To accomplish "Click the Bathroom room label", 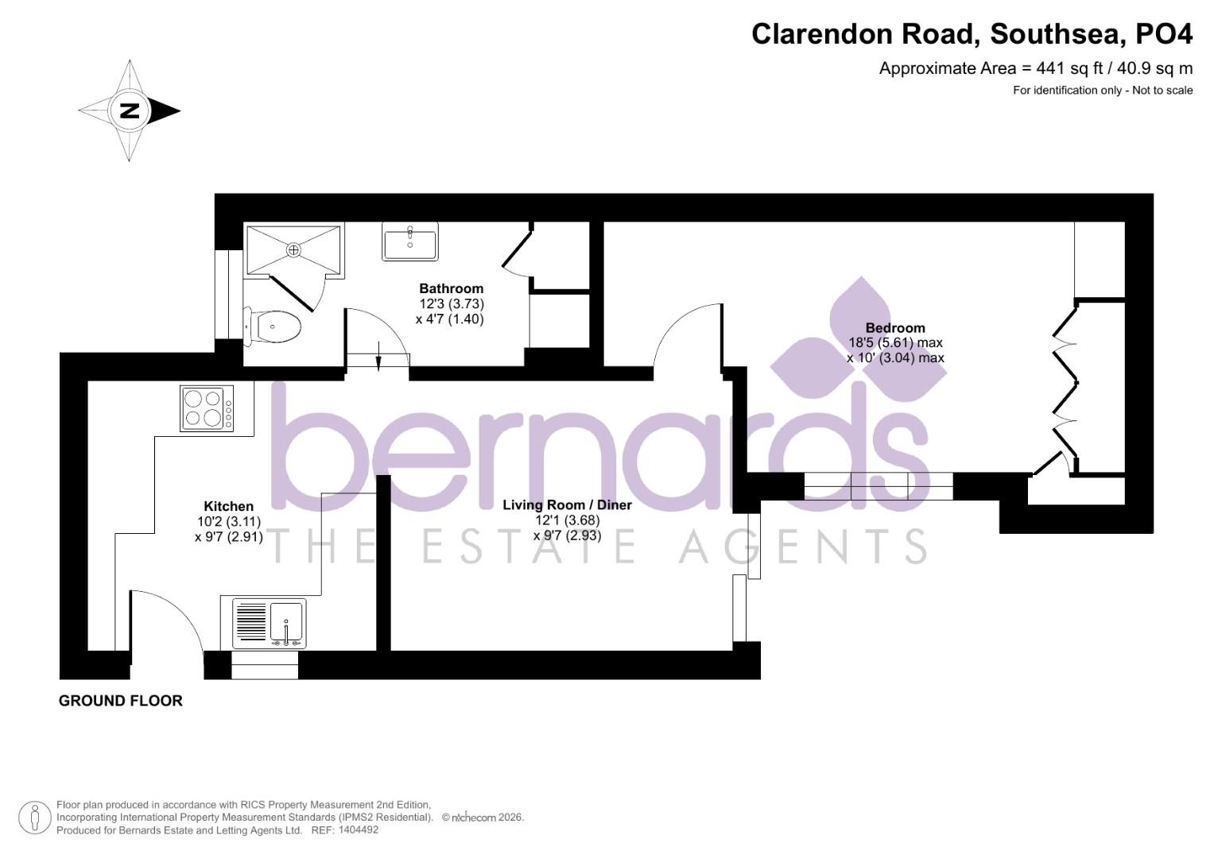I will tap(451, 288).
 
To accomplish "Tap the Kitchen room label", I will tap(228, 506).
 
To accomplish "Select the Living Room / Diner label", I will tap(567, 505).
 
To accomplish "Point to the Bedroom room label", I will tap(895, 327).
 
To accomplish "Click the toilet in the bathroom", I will tap(274, 326).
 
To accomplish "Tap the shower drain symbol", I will tap(294, 249).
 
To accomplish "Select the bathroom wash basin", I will tap(410, 241).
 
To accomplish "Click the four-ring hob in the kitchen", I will tap(208, 408).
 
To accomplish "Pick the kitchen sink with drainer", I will tap(268, 623).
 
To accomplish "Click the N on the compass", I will tap(129, 110).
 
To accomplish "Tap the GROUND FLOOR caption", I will tap(121, 701).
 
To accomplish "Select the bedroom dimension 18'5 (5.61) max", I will tap(895, 343).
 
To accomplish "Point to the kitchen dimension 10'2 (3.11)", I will tap(228, 521).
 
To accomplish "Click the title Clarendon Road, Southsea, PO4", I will tap(972, 34).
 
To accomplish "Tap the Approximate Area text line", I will tap(1035, 68).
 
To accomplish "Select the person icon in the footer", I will tap(35, 817).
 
